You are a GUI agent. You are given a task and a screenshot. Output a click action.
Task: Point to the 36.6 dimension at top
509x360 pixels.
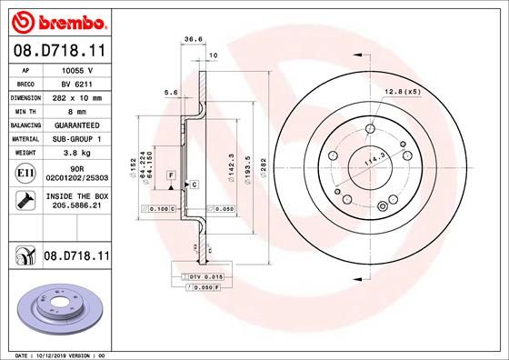193,39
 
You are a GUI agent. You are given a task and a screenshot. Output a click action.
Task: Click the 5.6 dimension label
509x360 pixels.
169,92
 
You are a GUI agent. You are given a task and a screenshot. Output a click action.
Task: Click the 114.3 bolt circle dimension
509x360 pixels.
372,160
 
